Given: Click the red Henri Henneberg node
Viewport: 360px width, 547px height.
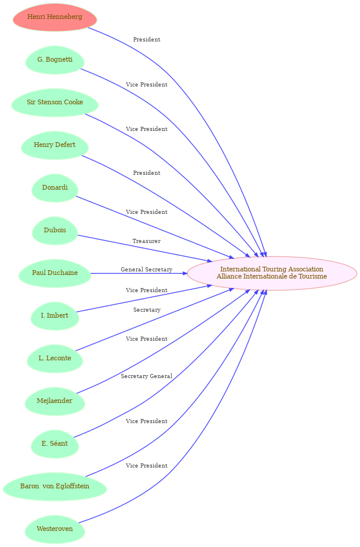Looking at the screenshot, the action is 54,17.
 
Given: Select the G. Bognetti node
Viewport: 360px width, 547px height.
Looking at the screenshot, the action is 54,60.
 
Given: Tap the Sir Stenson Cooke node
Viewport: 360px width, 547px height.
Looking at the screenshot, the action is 54,103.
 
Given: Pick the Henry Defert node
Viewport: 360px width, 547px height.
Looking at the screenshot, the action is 54,145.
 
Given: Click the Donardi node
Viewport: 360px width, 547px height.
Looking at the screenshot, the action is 54,188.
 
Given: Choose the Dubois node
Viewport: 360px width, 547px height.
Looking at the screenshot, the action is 54,231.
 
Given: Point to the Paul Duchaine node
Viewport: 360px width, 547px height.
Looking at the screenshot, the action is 54,273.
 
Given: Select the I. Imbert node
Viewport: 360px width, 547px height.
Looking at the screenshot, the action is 54,316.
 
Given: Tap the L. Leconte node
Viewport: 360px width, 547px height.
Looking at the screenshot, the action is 54,359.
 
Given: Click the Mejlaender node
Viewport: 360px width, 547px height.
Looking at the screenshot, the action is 54,401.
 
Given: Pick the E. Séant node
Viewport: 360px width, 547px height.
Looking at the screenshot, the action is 54,444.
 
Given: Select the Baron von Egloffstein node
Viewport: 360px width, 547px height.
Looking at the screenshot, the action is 54,487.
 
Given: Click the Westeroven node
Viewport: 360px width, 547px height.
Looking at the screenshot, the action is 54,529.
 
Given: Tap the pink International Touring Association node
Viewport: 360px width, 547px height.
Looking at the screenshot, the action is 272,273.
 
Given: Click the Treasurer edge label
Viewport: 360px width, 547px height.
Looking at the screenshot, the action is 146,241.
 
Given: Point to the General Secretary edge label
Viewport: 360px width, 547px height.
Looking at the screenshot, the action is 146,269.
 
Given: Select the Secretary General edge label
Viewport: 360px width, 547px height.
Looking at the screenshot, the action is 146,376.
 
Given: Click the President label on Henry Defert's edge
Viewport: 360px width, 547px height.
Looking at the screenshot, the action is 146,172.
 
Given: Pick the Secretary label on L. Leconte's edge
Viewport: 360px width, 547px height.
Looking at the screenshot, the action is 147,310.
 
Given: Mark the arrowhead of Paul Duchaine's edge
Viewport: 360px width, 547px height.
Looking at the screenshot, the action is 185,273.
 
